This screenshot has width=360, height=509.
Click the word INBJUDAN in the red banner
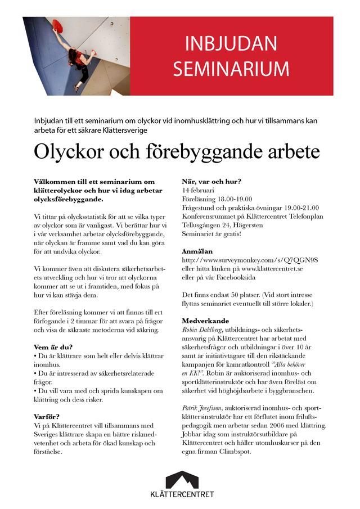231,44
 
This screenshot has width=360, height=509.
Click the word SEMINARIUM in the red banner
231,69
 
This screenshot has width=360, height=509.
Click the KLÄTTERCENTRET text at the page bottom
182,495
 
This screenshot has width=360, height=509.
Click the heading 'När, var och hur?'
211,182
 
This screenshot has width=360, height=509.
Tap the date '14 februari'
197,190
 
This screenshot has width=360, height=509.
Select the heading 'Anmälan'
197,251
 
